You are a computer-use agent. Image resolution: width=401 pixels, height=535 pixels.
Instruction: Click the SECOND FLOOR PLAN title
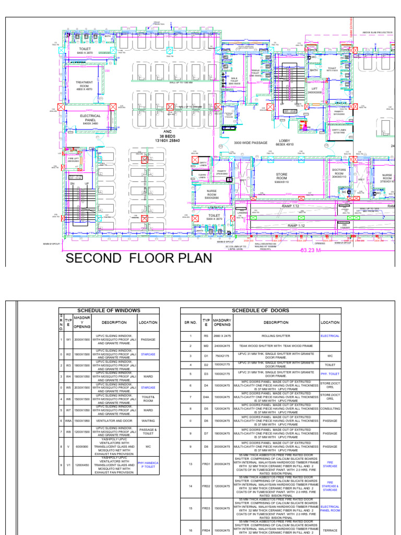pyautogui.click(x=138, y=258)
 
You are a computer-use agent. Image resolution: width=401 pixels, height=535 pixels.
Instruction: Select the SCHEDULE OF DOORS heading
pyautogui.click(x=261, y=310)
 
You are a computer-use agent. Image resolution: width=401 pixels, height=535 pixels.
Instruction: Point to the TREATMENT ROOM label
pyautogui.click(x=84, y=86)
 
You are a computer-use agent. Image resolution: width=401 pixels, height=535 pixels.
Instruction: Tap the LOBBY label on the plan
pyautogui.click(x=285, y=143)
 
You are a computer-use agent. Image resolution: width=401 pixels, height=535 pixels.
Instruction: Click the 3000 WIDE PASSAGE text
pyautogui.click(x=251, y=143)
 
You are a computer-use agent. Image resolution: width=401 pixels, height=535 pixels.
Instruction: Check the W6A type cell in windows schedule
pyautogui.click(x=68, y=420)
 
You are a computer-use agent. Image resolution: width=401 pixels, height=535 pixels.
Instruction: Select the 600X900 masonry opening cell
pyautogui.click(x=82, y=447)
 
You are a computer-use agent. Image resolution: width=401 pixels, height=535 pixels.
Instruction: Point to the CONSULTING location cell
pyautogui.click(x=330, y=409)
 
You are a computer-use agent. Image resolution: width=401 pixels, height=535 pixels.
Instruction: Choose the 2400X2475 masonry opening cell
pyautogui.click(x=222, y=346)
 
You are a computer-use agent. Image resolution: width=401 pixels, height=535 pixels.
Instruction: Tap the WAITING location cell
pyautogui.click(x=148, y=420)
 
